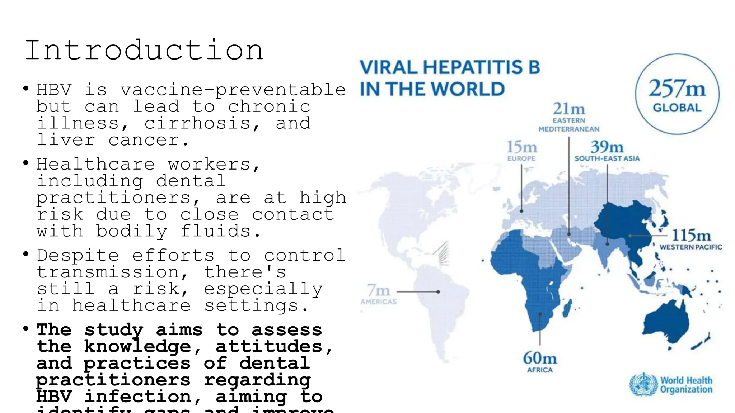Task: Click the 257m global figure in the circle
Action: [677, 89]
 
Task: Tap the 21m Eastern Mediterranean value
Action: [569, 109]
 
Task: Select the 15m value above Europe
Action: [522, 147]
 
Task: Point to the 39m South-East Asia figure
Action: [607, 147]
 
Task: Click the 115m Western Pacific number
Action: [691, 236]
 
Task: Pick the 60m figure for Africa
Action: [540, 358]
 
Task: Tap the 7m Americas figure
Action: [378, 290]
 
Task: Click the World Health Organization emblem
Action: [644, 385]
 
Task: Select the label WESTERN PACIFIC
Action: [691, 247]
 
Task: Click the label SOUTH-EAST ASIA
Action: [607, 158]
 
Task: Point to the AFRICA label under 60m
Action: [540, 370]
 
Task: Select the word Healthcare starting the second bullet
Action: [96, 165]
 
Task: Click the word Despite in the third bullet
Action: [78, 256]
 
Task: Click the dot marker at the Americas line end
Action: [438, 292]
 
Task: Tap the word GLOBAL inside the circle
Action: [677, 108]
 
